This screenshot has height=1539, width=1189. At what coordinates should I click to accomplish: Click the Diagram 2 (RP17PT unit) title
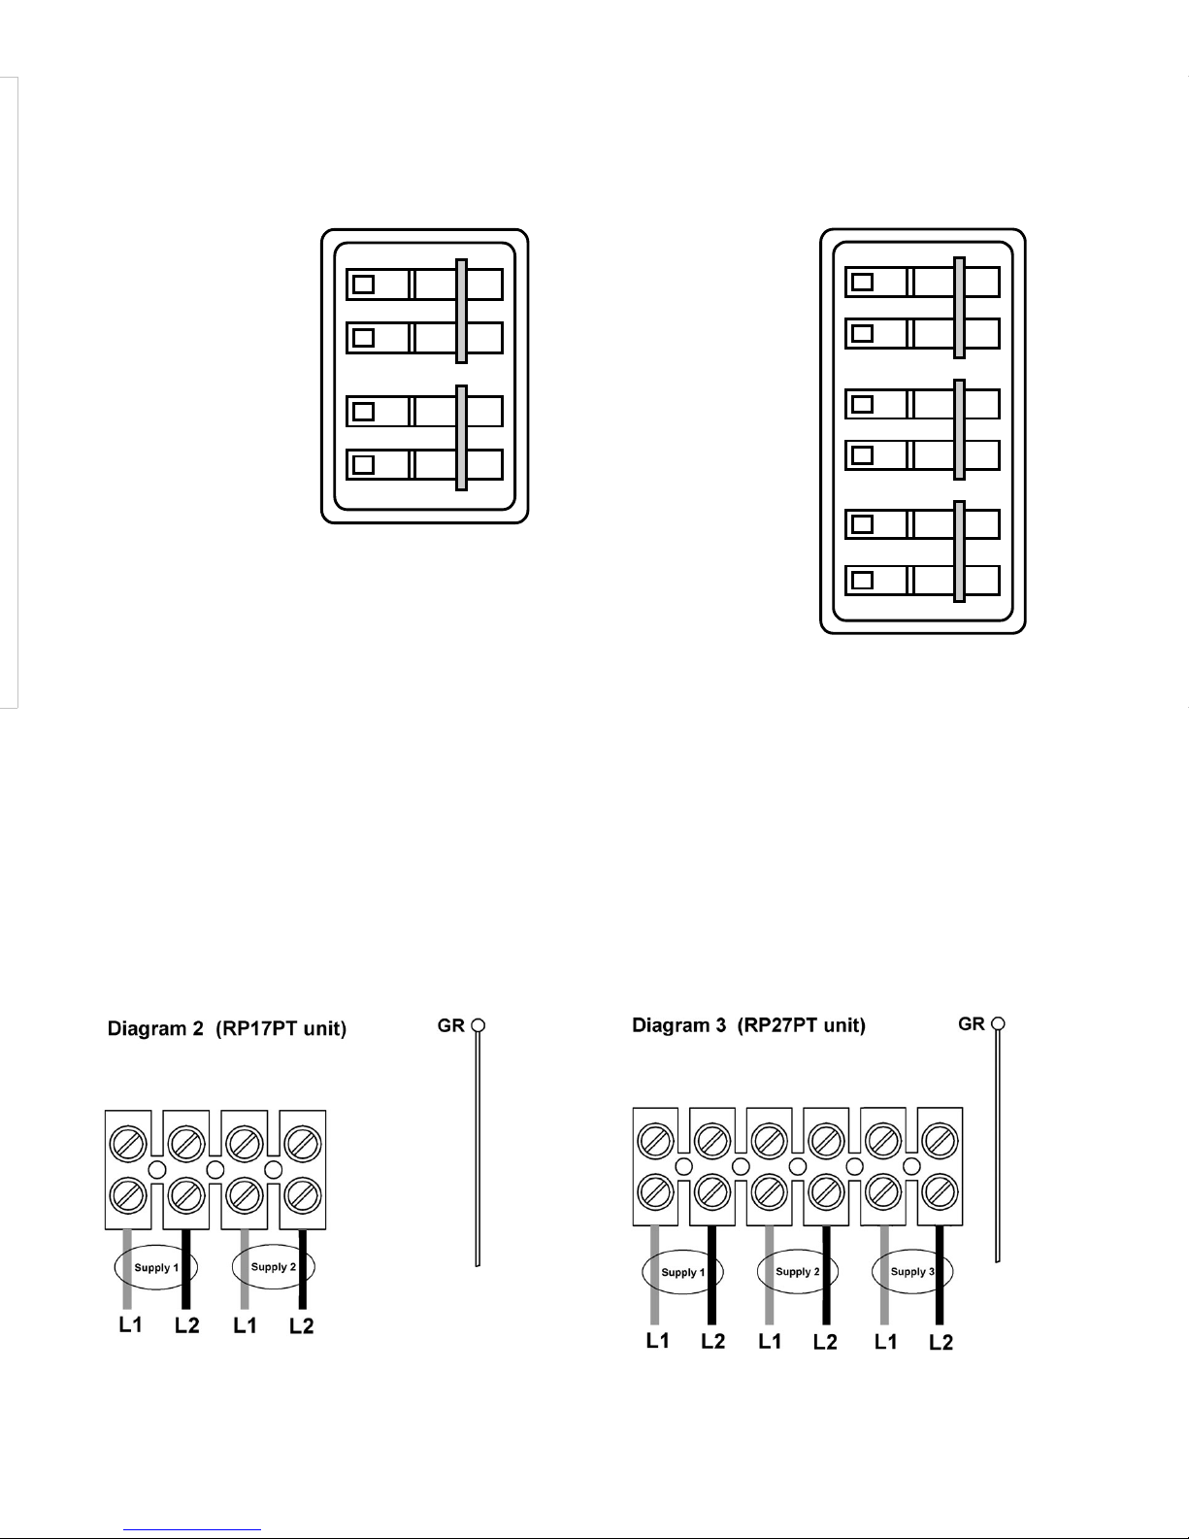click(226, 1028)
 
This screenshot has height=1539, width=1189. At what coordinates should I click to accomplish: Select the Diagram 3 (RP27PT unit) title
click(748, 1025)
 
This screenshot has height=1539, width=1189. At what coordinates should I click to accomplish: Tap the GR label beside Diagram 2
click(450, 1025)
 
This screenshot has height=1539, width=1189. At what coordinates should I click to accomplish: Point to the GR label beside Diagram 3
click(971, 1024)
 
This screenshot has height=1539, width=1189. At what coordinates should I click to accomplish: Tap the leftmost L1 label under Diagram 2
click(131, 1324)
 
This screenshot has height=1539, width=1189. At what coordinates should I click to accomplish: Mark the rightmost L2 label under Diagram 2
click(302, 1325)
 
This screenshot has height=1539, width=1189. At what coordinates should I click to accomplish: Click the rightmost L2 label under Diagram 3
click(941, 1342)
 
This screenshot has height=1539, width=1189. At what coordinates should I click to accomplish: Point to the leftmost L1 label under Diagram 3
click(658, 1340)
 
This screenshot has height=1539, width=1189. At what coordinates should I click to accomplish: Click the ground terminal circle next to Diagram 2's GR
click(479, 1025)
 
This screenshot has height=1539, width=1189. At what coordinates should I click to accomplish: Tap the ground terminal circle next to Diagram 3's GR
click(998, 1023)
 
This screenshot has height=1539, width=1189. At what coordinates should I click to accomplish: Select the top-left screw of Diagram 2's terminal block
click(128, 1143)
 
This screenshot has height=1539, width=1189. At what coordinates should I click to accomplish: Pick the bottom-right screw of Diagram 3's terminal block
click(940, 1192)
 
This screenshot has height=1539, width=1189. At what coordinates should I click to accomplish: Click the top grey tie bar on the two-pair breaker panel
click(461, 311)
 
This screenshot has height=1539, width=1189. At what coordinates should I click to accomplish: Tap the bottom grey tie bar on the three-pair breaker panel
click(960, 552)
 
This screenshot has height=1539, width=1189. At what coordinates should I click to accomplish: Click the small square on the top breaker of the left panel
click(363, 284)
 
